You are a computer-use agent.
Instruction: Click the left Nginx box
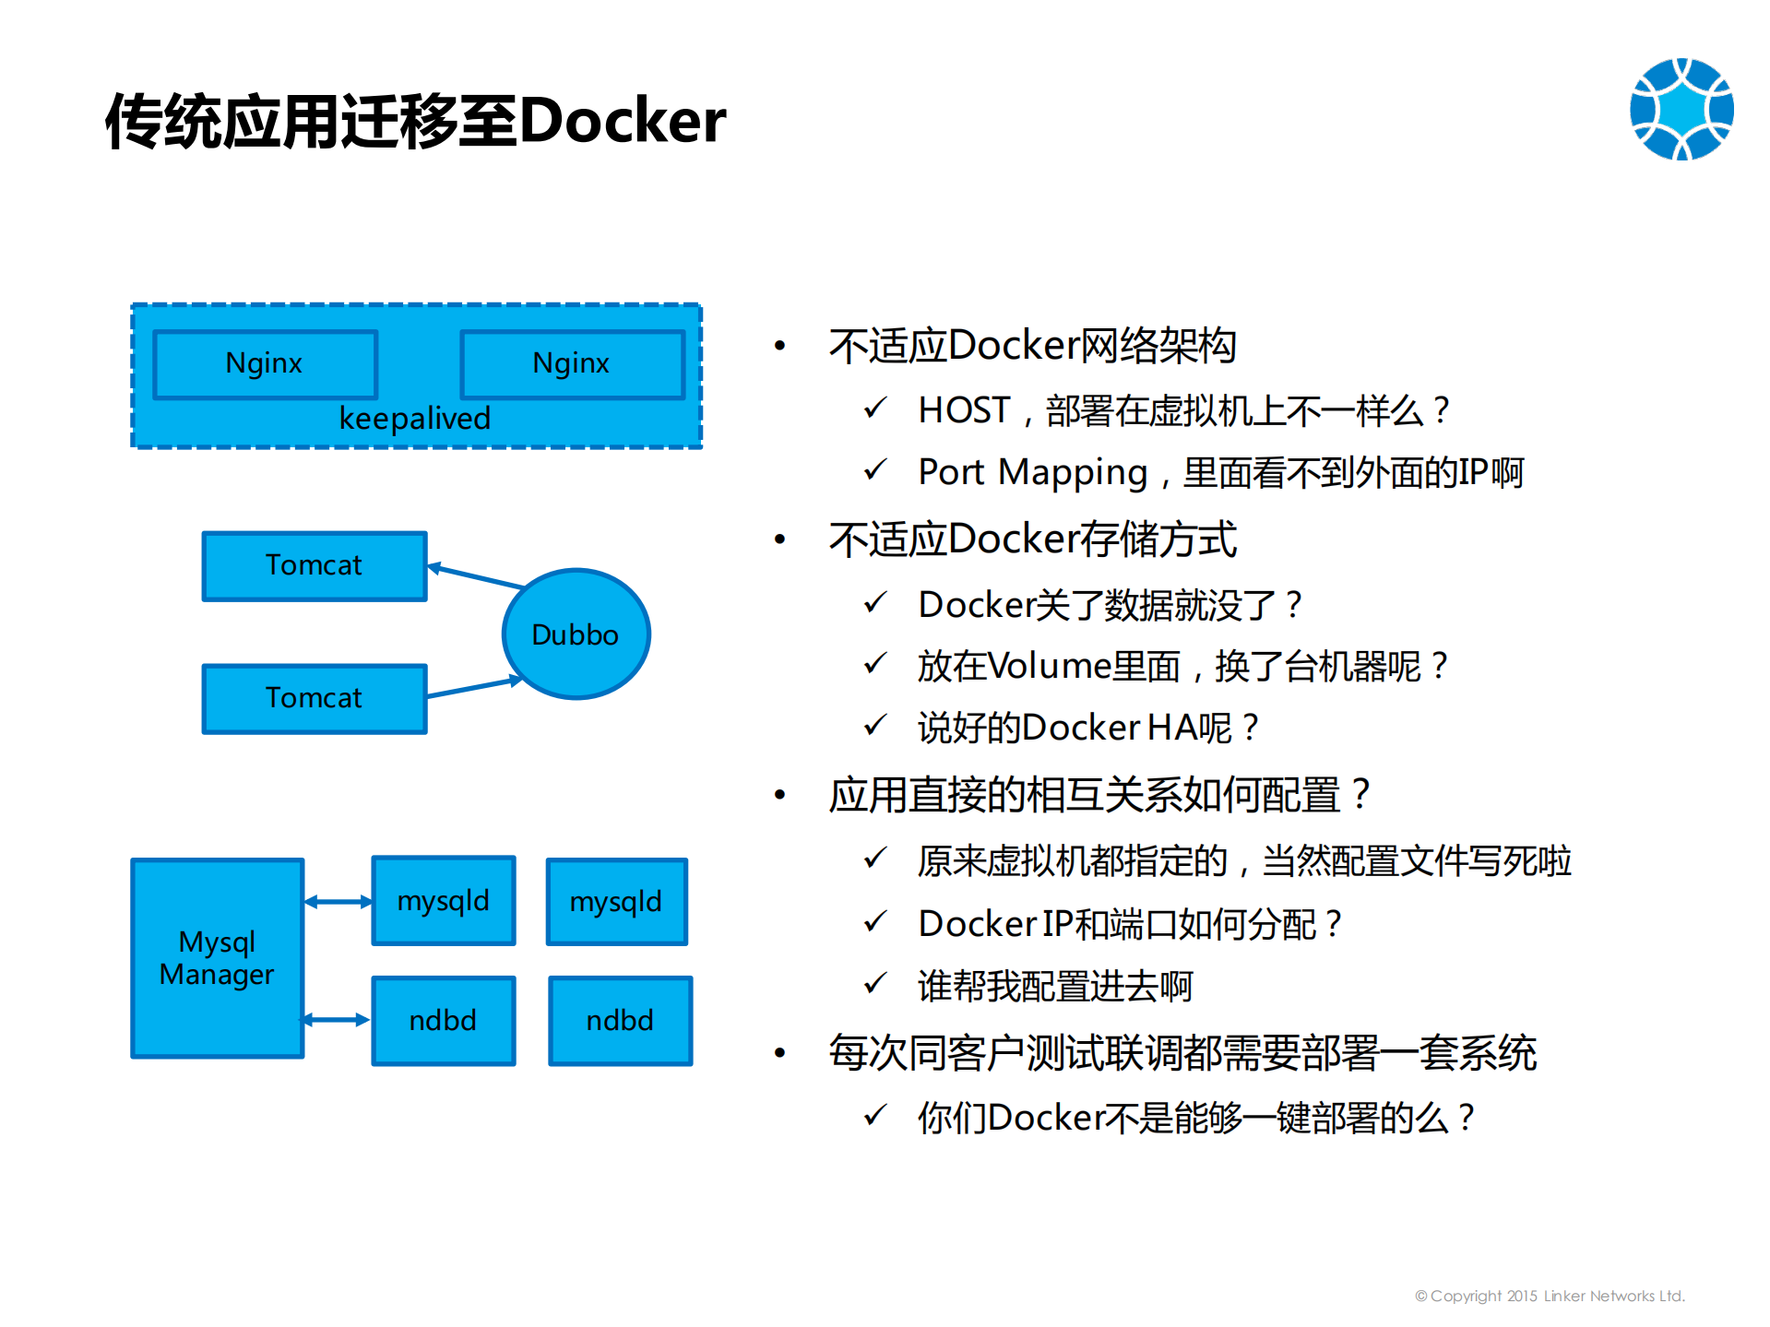[265, 364]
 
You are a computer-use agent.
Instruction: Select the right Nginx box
[572, 364]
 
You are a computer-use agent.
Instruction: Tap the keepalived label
[414, 420]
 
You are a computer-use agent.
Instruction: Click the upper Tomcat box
[314, 565]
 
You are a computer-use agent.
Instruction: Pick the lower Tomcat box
[314, 698]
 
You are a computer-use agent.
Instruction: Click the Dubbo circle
[576, 634]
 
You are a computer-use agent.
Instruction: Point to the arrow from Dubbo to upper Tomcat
[475, 576]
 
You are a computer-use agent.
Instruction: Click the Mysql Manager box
[217, 958]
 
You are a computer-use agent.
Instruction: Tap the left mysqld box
[443, 901]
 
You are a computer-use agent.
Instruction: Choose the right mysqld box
[616, 902]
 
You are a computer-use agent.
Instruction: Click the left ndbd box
[443, 1021]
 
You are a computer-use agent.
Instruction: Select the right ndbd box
[620, 1021]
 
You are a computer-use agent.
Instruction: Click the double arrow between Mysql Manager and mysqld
[338, 902]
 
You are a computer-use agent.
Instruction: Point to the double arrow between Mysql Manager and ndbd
[337, 1020]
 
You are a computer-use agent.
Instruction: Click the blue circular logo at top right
[1681, 110]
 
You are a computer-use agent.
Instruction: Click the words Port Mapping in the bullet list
[1032, 473]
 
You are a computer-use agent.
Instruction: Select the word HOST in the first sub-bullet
[964, 410]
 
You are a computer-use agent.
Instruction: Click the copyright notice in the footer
[1550, 1296]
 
